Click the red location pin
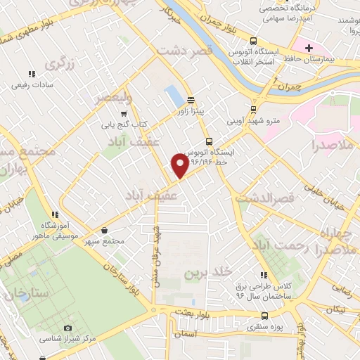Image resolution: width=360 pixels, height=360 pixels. click(x=180, y=165)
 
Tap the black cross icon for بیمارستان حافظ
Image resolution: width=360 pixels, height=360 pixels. click(x=309, y=47)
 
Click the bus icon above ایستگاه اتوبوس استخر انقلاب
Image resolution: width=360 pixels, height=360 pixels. click(x=253, y=41)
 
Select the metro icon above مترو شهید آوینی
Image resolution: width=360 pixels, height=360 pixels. click(x=252, y=109)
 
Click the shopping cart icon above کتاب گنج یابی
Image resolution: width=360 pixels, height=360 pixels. click(x=124, y=114)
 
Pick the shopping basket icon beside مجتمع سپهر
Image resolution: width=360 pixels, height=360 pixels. click(x=105, y=230)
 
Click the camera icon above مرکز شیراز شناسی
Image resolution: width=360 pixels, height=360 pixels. click(x=67, y=328)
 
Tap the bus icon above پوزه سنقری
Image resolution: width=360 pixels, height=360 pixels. click(x=252, y=317)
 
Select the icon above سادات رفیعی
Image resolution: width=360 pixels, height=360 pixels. click(x=31, y=74)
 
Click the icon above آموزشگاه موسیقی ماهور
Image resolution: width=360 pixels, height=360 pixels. click(x=54, y=214)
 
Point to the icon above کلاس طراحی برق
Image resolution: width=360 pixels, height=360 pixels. click(x=264, y=275)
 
